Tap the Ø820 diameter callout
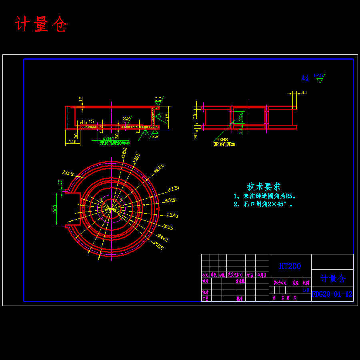click(159, 168)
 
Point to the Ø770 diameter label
click(173, 188)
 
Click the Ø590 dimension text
click(171, 200)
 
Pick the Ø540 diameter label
click(172, 216)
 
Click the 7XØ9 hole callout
click(68, 172)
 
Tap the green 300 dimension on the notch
click(55, 209)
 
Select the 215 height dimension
click(167, 117)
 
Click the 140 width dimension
click(72, 142)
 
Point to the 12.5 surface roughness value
click(319, 75)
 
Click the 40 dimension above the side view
click(304, 93)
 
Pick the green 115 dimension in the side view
click(240, 118)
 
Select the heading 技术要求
click(264, 186)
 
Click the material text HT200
click(290, 266)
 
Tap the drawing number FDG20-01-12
click(332, 294)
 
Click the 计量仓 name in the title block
click(332, 278)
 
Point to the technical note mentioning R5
click(264, 196)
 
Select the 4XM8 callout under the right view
click(221, 140)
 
